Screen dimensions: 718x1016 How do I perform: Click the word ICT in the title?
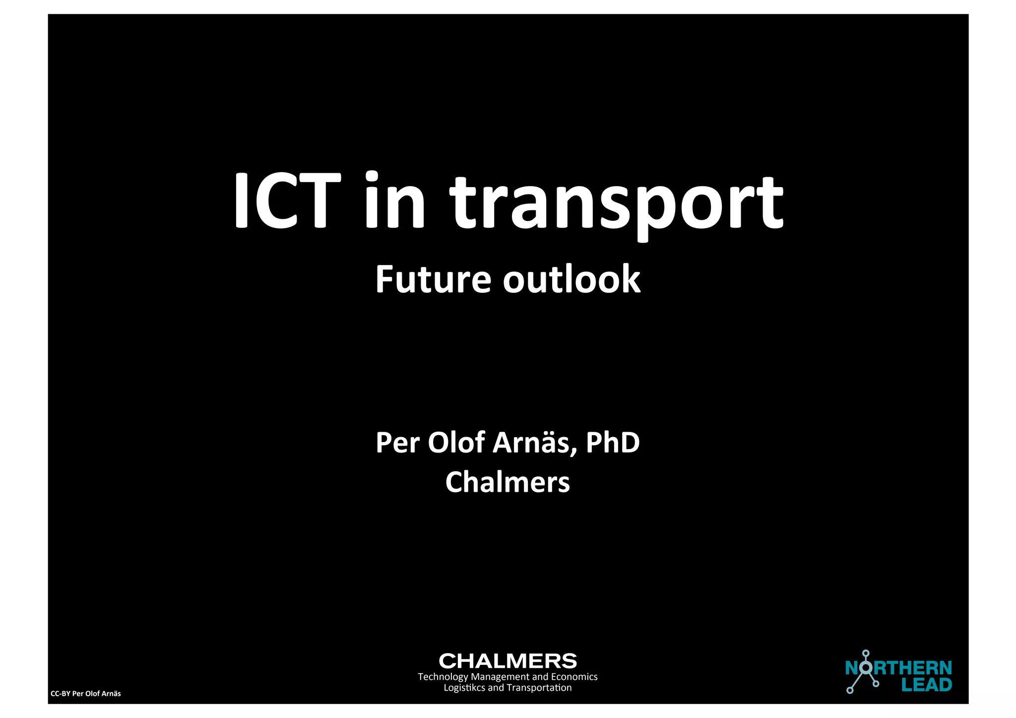click(287, 200)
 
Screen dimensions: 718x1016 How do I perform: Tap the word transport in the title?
click(616, 203)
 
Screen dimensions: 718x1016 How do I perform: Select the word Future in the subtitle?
click(433, 279)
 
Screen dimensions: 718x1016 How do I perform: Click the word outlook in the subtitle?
click(571, 279)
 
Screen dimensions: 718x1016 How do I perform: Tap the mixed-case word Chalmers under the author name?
click(508, 482)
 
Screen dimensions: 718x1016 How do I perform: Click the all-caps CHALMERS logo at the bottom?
click(508, 661)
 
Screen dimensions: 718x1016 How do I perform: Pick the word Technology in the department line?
click(443, 677)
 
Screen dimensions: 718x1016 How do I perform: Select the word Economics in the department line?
click(574, 677)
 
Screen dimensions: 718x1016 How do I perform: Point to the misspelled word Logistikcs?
click(464, 688)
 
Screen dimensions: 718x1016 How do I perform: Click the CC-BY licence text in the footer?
click(86, 694)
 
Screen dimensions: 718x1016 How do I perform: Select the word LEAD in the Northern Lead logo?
click(926, 685)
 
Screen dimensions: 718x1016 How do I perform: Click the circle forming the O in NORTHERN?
click(866, 668)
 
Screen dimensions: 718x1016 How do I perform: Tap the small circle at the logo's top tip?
click(866, 653)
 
